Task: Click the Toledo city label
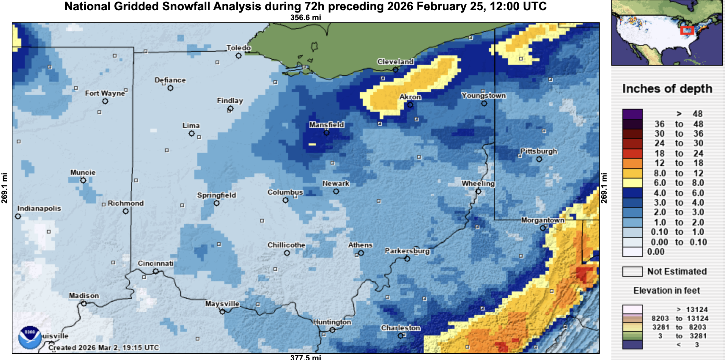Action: [x=239, y=48]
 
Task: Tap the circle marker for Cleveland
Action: [x=395, y=70]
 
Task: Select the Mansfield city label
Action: [x=327, y=125]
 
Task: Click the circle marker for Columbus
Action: [x=286, y=200]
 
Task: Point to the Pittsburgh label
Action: [x=539, y=151]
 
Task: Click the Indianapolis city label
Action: [x=39, y=208]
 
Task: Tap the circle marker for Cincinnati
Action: [x=156, y=271]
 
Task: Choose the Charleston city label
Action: [x=401, y=328]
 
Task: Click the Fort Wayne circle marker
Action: [x=105, y=101]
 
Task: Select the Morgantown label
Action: [x=543, y=220]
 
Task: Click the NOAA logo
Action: [x=30, y=337]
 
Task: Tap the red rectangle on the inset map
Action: [x=687, y=30]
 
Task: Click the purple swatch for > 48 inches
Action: [x=632, y=114]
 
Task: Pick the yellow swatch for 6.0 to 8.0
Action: [x=632, y=183]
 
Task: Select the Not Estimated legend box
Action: [x=632, y=272]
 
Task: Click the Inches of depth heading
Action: [x=667, y=89]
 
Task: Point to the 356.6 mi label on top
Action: [x=305, y=18]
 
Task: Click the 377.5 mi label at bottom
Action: [x=305, y=357]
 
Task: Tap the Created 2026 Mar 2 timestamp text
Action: [x=104, y=348]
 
